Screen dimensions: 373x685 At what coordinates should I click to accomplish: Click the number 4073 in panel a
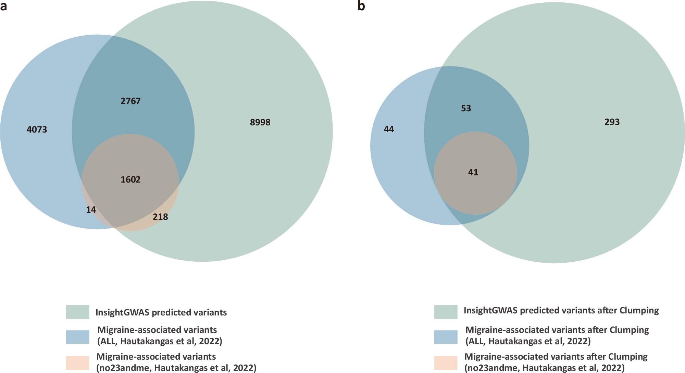37,129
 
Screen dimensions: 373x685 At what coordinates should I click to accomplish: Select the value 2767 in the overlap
130,101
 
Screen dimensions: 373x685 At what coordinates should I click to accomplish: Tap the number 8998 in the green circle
260,122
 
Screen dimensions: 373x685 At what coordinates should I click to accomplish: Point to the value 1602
130,179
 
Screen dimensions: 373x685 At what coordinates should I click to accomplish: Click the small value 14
91,210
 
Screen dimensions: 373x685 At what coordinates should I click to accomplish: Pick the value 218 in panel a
160,217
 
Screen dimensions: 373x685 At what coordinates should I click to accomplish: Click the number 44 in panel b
389,129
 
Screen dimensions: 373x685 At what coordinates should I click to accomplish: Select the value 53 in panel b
466,109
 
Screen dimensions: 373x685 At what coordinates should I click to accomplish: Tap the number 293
612,122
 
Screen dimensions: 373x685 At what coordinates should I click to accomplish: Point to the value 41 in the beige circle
473,172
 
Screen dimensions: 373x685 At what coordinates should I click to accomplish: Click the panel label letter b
361,6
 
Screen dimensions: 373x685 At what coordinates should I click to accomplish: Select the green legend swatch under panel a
77,312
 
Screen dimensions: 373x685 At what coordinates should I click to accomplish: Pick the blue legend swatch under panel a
77,337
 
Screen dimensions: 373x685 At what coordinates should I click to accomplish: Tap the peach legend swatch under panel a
77,363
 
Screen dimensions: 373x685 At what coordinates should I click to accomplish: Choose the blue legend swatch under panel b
446,337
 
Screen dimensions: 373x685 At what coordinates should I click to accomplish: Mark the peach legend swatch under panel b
446,363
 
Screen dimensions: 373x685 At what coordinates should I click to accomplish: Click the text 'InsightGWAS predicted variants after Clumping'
561,311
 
